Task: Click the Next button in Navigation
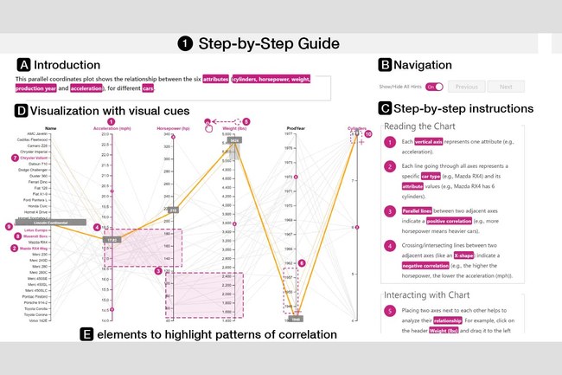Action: pyautogui.click(x=506, y=87)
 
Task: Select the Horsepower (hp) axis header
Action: pyautogui.click(x=174, y=129)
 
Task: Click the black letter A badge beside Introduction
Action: pyautogui.click(x=23, y=64)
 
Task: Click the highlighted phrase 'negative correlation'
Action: pyautogui.click(x=437, y=252)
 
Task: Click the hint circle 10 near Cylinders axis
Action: pyautogui.click(x=367, y=134)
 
